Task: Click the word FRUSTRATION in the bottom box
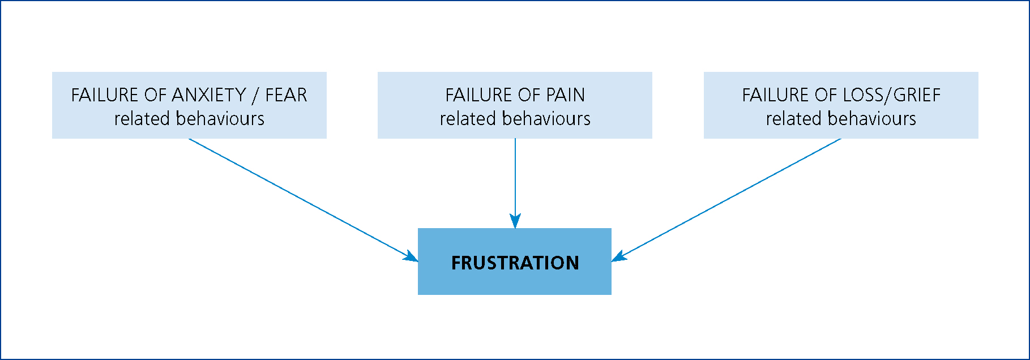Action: (x=515, y=263)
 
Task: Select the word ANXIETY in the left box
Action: (x=209, y=95)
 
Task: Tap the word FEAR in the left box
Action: (x=286, y=95)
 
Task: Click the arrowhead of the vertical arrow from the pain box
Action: (x=515, y=221)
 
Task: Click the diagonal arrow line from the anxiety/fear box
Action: (x=304, y=200)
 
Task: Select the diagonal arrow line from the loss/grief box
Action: (x=726, y=200)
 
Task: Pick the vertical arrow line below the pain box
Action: (x=515, y=183)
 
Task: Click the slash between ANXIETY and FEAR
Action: (x=256, y=95)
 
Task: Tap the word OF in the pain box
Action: (x=528, y=95)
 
